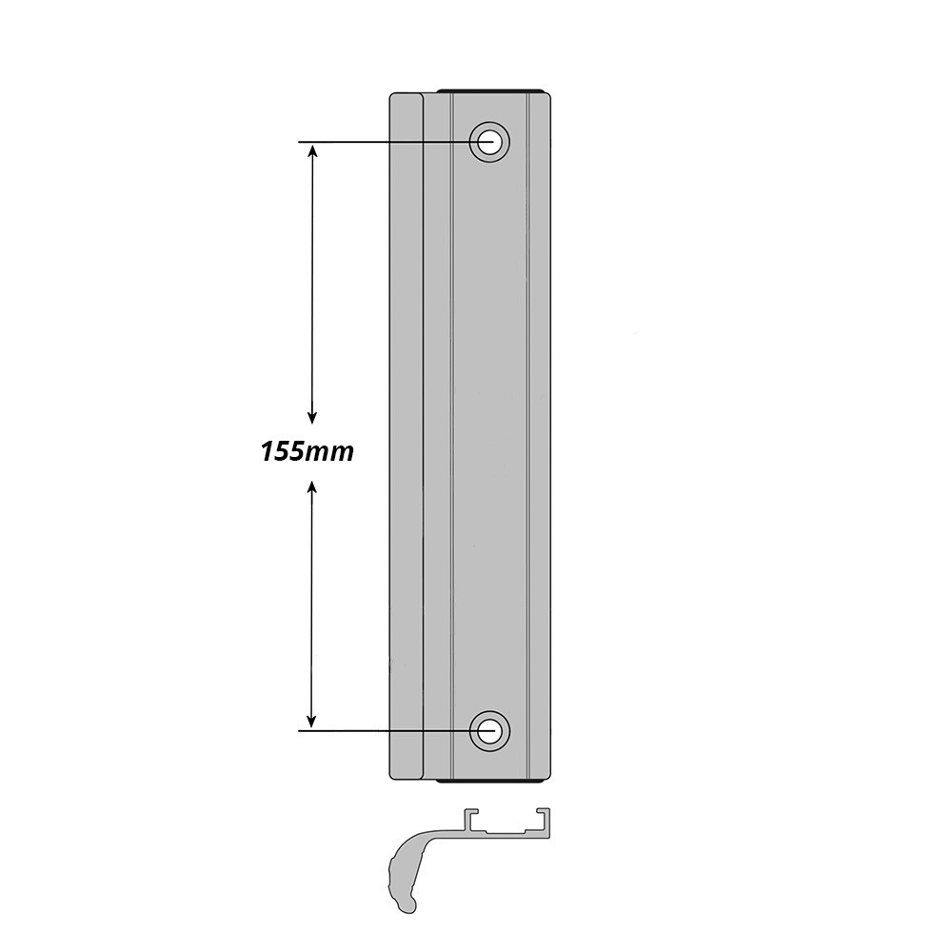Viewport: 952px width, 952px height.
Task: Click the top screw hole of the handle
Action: click(490, 142)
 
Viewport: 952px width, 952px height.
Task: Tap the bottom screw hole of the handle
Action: click(490, 730)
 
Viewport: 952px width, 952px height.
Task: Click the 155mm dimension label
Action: click(307, 451)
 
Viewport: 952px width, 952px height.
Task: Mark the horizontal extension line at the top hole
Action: click(381, 143)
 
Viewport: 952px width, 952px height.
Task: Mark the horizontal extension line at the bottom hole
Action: click(381, 730)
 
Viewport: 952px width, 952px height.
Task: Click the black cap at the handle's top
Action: click(491, 90)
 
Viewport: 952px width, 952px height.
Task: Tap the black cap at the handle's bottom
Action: click(491, 781)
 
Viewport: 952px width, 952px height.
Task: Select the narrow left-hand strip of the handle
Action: click(407, 438)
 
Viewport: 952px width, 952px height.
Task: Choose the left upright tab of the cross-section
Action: click(467, 819)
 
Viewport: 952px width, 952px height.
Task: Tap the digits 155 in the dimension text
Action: click(282, 451)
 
